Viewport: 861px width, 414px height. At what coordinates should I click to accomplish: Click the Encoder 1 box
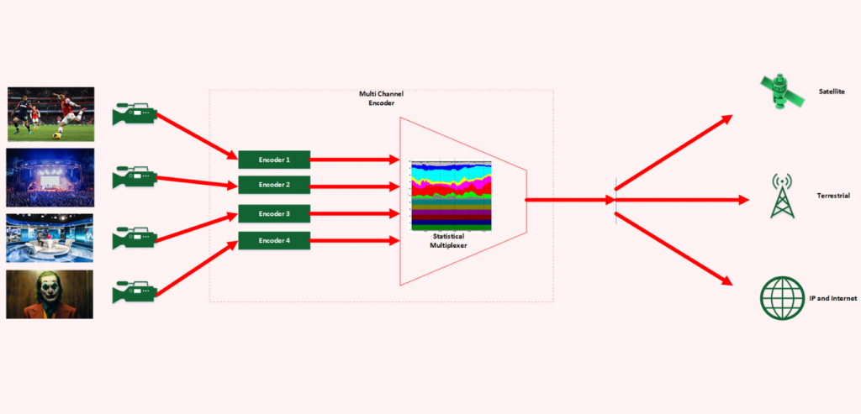[x=274, y=159]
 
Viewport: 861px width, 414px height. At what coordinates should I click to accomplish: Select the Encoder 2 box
[x=274, y=185]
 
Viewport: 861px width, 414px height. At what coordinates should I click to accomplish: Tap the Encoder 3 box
[x=274, y=213]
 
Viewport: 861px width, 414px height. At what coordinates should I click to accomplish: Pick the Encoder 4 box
[x=274, y=241]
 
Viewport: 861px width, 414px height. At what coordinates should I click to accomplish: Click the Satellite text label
[x=831, y=91]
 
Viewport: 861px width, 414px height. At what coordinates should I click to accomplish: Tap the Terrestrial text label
[x=833, y=196]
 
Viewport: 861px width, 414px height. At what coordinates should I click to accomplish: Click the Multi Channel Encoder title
[x=381, y=98]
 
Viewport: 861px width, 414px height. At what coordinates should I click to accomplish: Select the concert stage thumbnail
[x=50, y=177]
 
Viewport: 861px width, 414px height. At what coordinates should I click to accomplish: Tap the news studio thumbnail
[x=50, y=238]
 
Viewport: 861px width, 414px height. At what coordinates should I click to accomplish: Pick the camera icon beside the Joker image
[x=135, y=292]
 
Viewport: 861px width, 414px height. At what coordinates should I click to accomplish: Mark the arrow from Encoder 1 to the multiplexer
[x=354, y=159]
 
